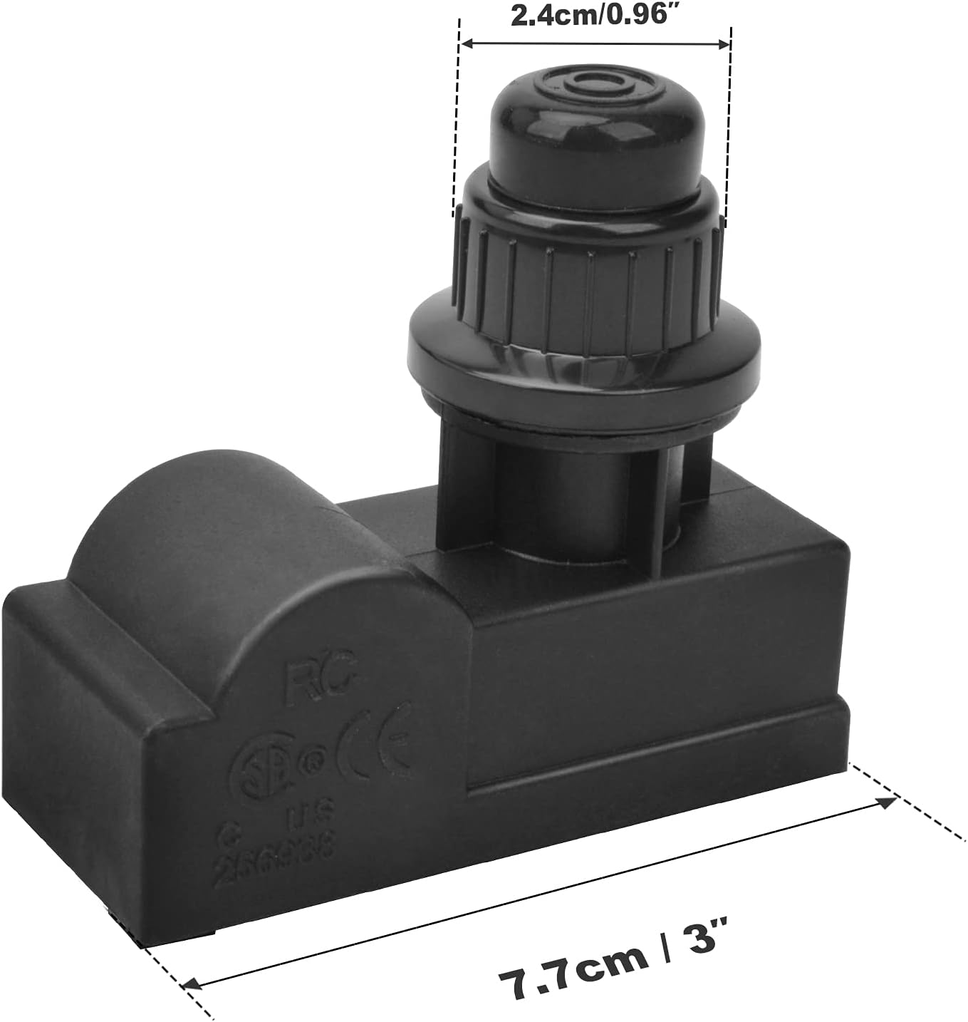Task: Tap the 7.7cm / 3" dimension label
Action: coord(612,969)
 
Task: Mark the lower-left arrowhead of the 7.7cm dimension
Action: coord(191,984)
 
